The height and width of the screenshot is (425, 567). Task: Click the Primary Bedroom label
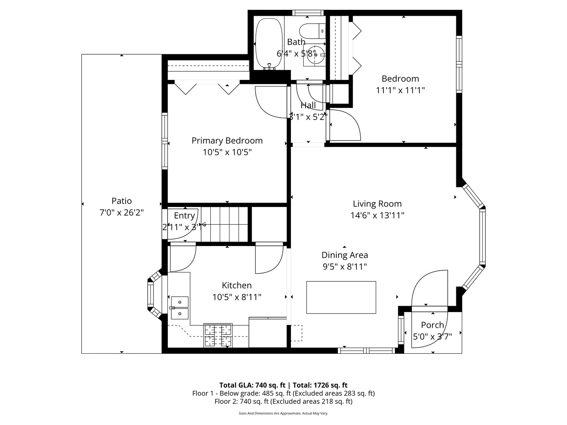point(227,140)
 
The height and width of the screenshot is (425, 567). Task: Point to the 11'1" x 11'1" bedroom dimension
point(400,90)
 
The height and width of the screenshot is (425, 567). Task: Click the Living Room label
point(377,204)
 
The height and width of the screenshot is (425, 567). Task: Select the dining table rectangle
point(341,297)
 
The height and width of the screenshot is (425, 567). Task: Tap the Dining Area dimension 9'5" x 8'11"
point(345,266)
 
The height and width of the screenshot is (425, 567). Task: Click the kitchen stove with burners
point(218,335)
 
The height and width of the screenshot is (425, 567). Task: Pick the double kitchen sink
point(180,308)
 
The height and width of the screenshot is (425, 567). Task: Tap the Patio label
point(121,201)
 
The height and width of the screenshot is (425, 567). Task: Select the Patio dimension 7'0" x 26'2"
point(121,213)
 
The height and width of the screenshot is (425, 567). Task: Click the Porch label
point(432,325)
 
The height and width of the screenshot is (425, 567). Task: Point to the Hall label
point(308,105)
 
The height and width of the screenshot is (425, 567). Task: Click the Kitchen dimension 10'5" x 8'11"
point(237,297)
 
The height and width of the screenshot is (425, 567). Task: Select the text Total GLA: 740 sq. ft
point(252,385)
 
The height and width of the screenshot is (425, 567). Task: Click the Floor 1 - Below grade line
point(283,394)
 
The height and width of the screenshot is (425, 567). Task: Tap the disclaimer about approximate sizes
point(283,414)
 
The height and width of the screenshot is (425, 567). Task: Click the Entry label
point(184,216)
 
